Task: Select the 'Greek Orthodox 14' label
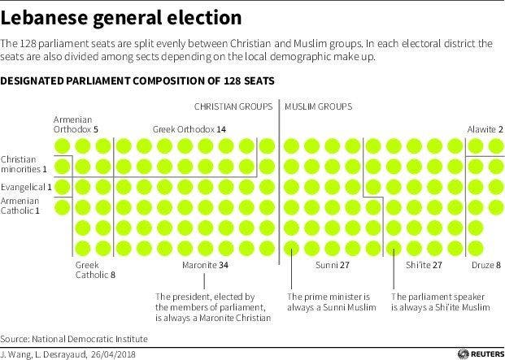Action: click(189, 129)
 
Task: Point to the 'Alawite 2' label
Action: click(485, 129)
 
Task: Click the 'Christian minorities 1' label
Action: click(24, 163)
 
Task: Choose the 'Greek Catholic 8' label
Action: click(95, 270)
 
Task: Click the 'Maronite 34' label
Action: click(205, 265)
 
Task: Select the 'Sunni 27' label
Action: click(333, 265)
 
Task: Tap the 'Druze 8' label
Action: click(486, 265)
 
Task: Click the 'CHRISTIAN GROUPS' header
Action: click(233, 106)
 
